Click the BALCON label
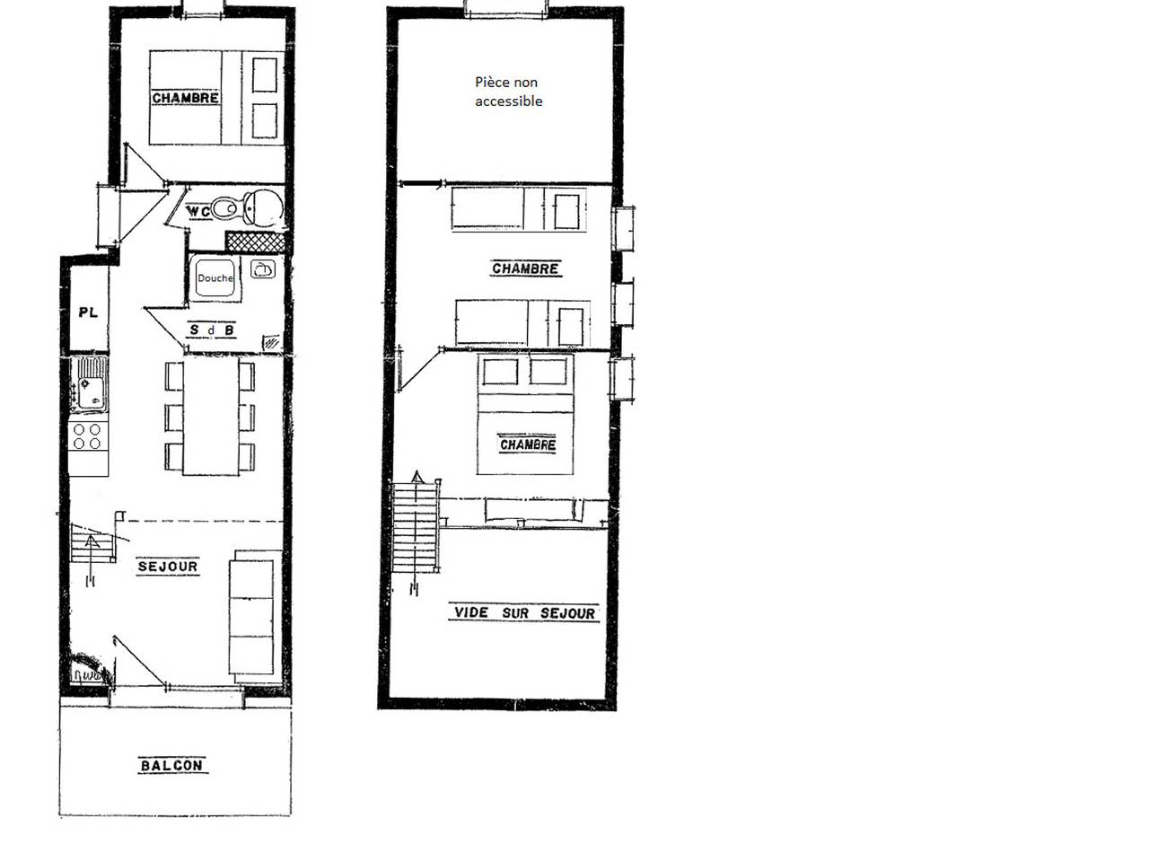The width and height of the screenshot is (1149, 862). [172, 766]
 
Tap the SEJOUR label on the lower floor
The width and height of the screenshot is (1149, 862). [168, 567]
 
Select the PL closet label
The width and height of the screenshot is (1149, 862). [88, 312]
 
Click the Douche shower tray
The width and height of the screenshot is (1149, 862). [215, 278]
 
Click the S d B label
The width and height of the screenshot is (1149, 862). [213, 330]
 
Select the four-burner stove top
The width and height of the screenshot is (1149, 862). [88, 436]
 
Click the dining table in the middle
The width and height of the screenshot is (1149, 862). [211, 418]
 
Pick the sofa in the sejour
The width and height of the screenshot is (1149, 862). [251, 614]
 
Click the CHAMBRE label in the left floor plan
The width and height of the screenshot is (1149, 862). [185, 98]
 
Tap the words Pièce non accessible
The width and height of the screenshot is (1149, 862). [508, 92]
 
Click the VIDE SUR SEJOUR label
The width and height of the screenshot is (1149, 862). [524, 613]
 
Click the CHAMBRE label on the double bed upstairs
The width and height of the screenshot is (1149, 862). [528, 444]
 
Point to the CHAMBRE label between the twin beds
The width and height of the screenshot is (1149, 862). [525, 268]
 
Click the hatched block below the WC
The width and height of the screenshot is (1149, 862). [255, 241]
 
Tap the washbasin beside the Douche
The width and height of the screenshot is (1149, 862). [263, 268]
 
